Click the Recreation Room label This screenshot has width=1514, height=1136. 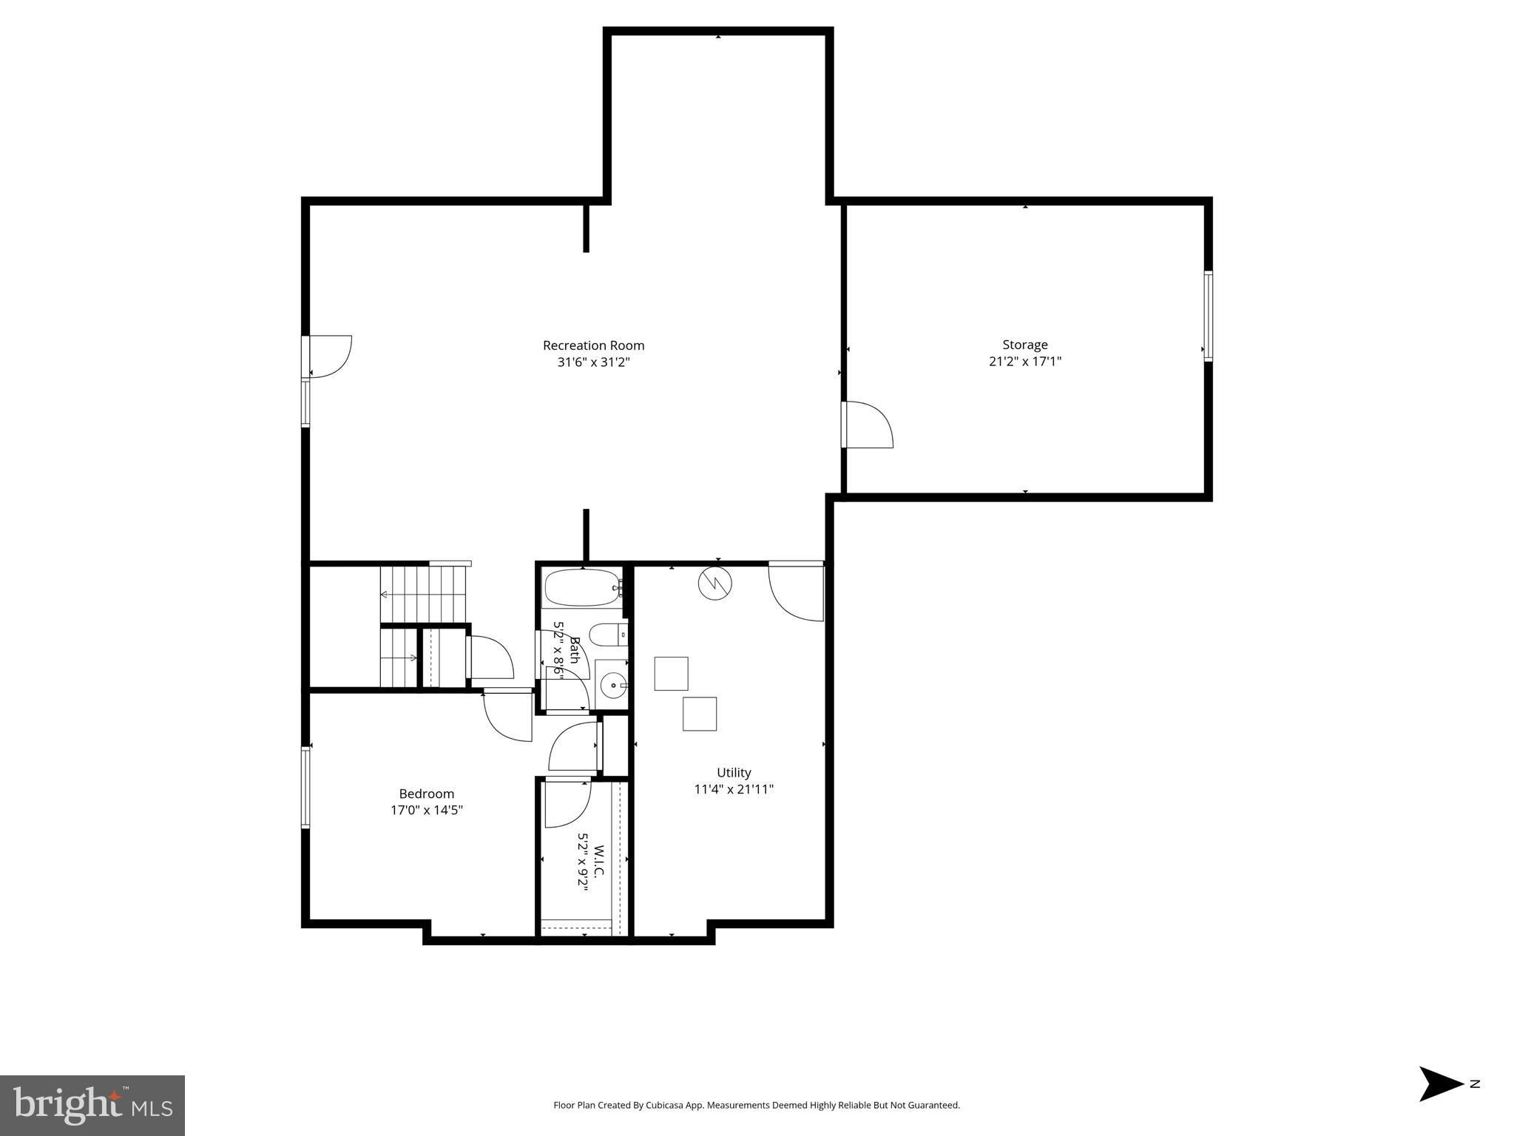pos(593,345)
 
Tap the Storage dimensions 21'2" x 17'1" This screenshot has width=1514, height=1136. pos(1024,362)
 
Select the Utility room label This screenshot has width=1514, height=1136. pos(734,772)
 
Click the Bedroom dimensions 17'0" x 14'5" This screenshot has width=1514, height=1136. pos(427,810)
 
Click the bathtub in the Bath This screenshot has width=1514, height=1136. pos(582,588)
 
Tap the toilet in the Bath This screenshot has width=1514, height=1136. pos(609,634)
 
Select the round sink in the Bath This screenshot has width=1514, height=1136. pos(612,685)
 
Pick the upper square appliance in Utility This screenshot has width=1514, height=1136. pos(671,673)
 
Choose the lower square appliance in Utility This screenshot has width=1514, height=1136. pos(699,714)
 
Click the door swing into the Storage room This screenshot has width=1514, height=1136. pos(867,425)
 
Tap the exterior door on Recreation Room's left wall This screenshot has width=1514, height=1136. pos(329,356)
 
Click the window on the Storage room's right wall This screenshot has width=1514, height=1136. pos(1207,316)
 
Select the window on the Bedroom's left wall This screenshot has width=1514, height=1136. pos(305,787)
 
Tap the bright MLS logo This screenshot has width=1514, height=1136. pos(92,1105)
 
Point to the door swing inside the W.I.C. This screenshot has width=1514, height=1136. pos(567,804)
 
